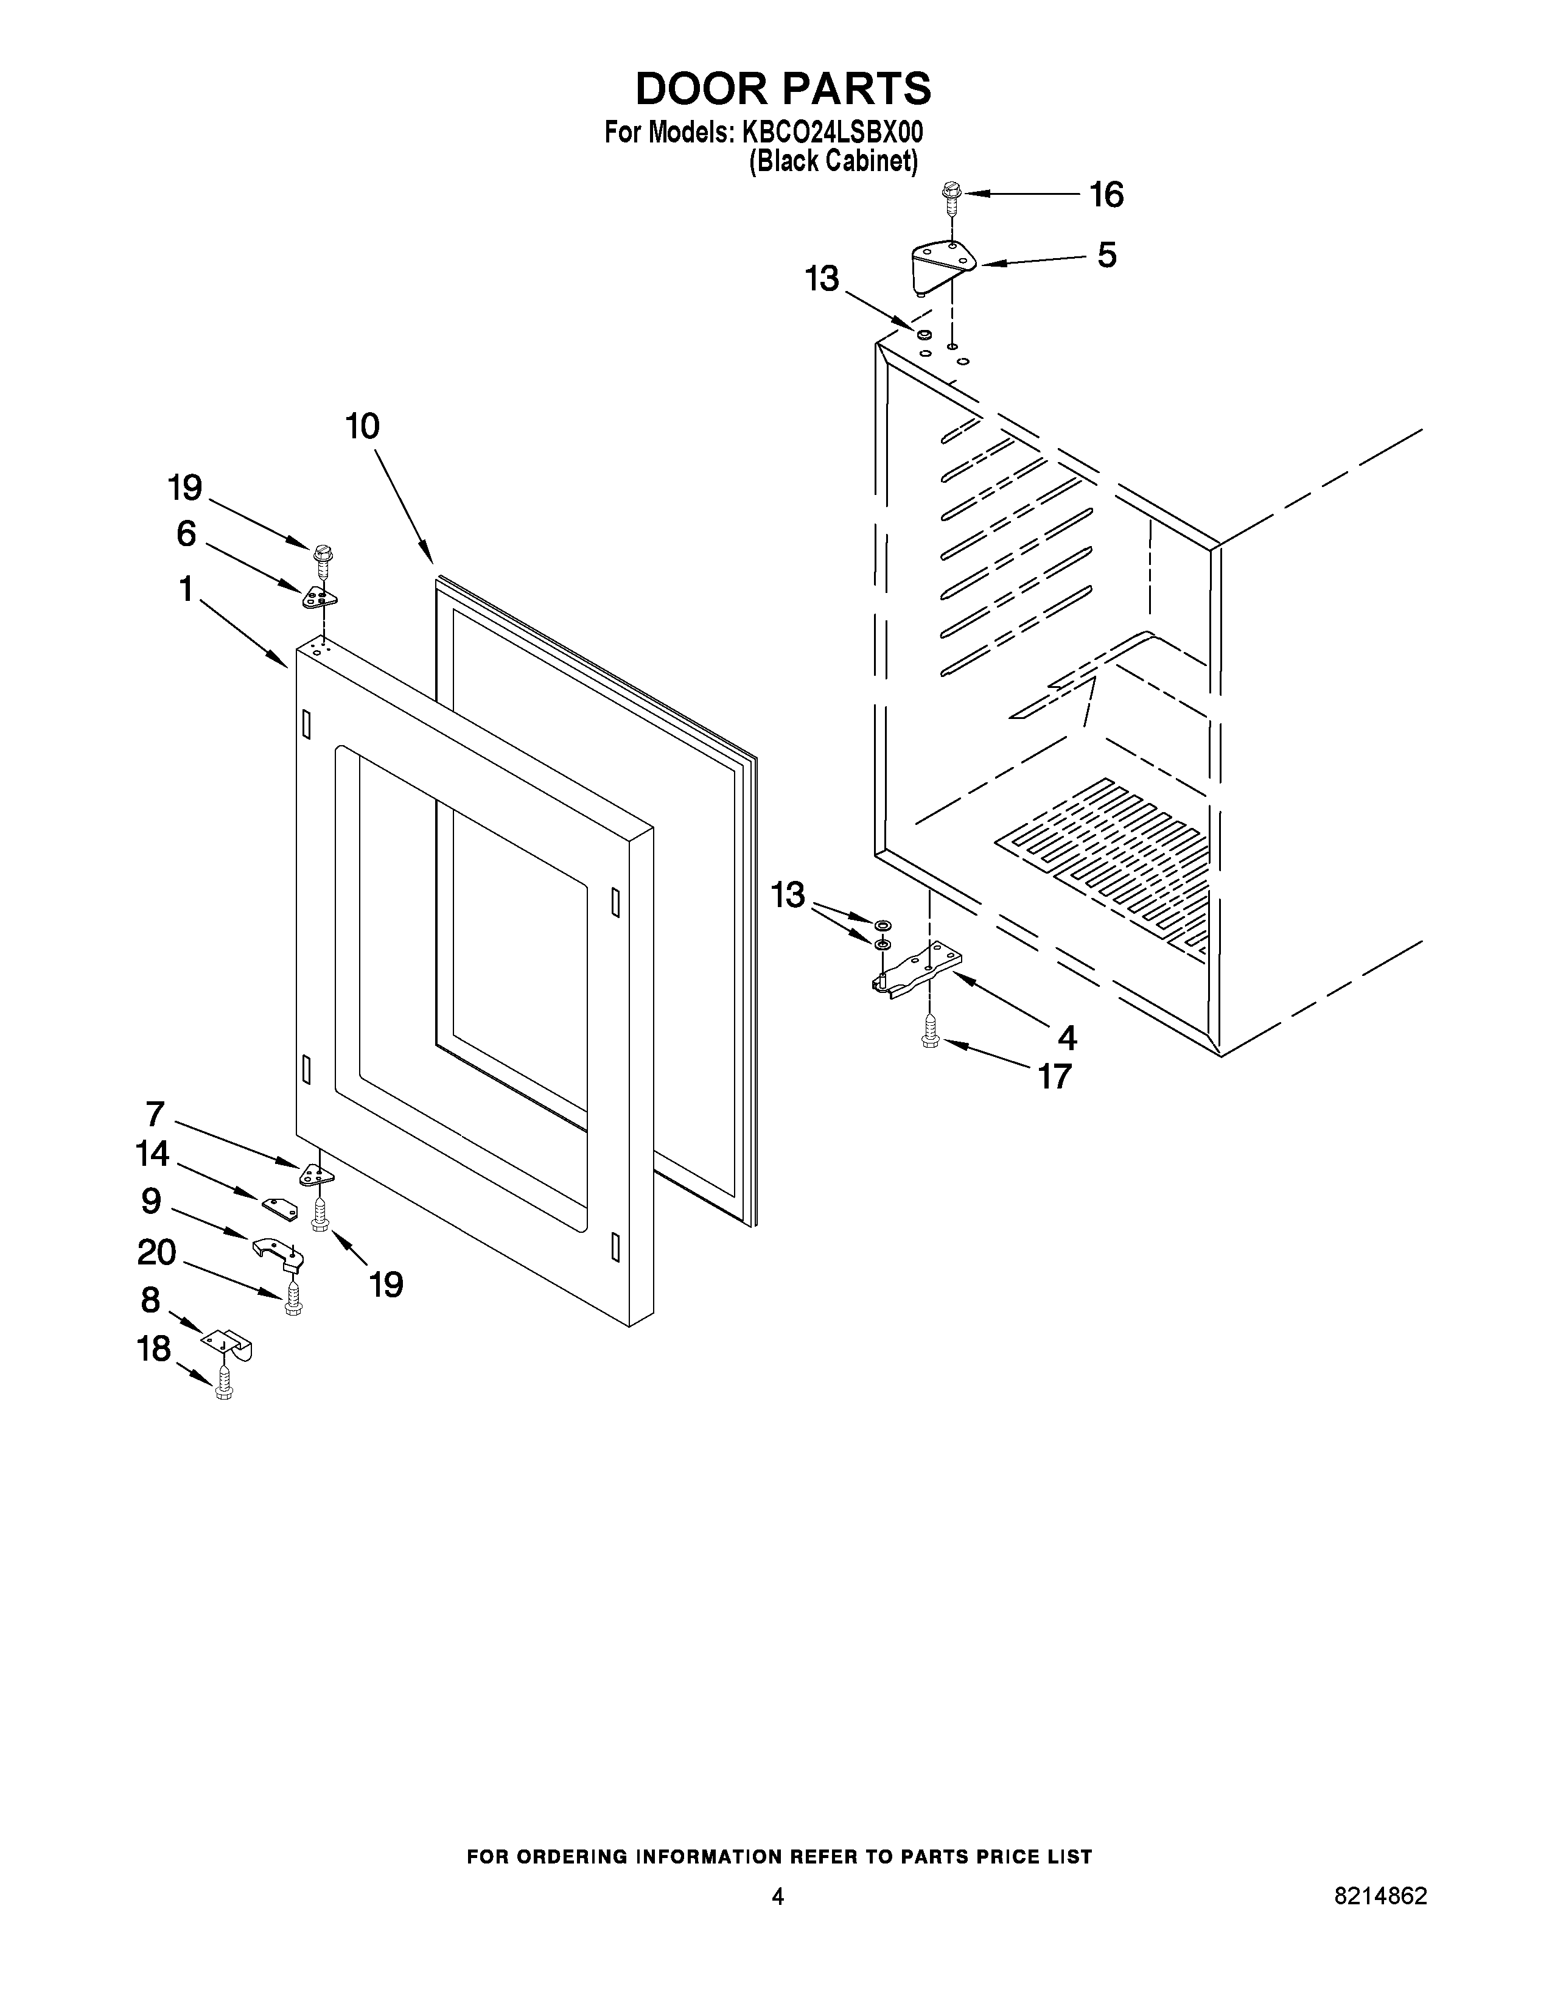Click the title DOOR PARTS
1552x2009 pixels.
[x=783, y=89]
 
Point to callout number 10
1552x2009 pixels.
[x=363, y=427]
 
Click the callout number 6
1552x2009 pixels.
[x=187, y=533]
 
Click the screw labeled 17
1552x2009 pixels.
[x=929, y=1036]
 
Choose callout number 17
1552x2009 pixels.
[x=1055, y=1075]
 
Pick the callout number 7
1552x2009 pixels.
[x=155, y=1114]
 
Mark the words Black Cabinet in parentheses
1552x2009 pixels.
[x=833, y=162]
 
